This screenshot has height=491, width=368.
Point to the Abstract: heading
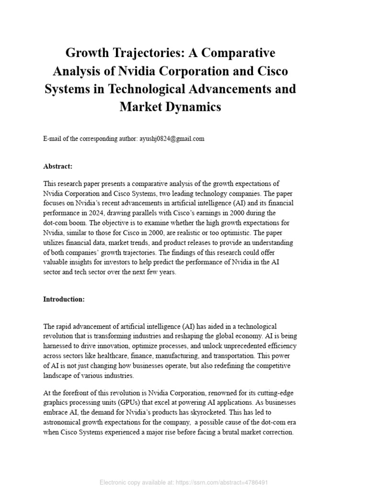(58, 166)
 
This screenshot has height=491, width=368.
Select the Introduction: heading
(64, 299)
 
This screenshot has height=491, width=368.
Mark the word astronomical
(64, 421)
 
